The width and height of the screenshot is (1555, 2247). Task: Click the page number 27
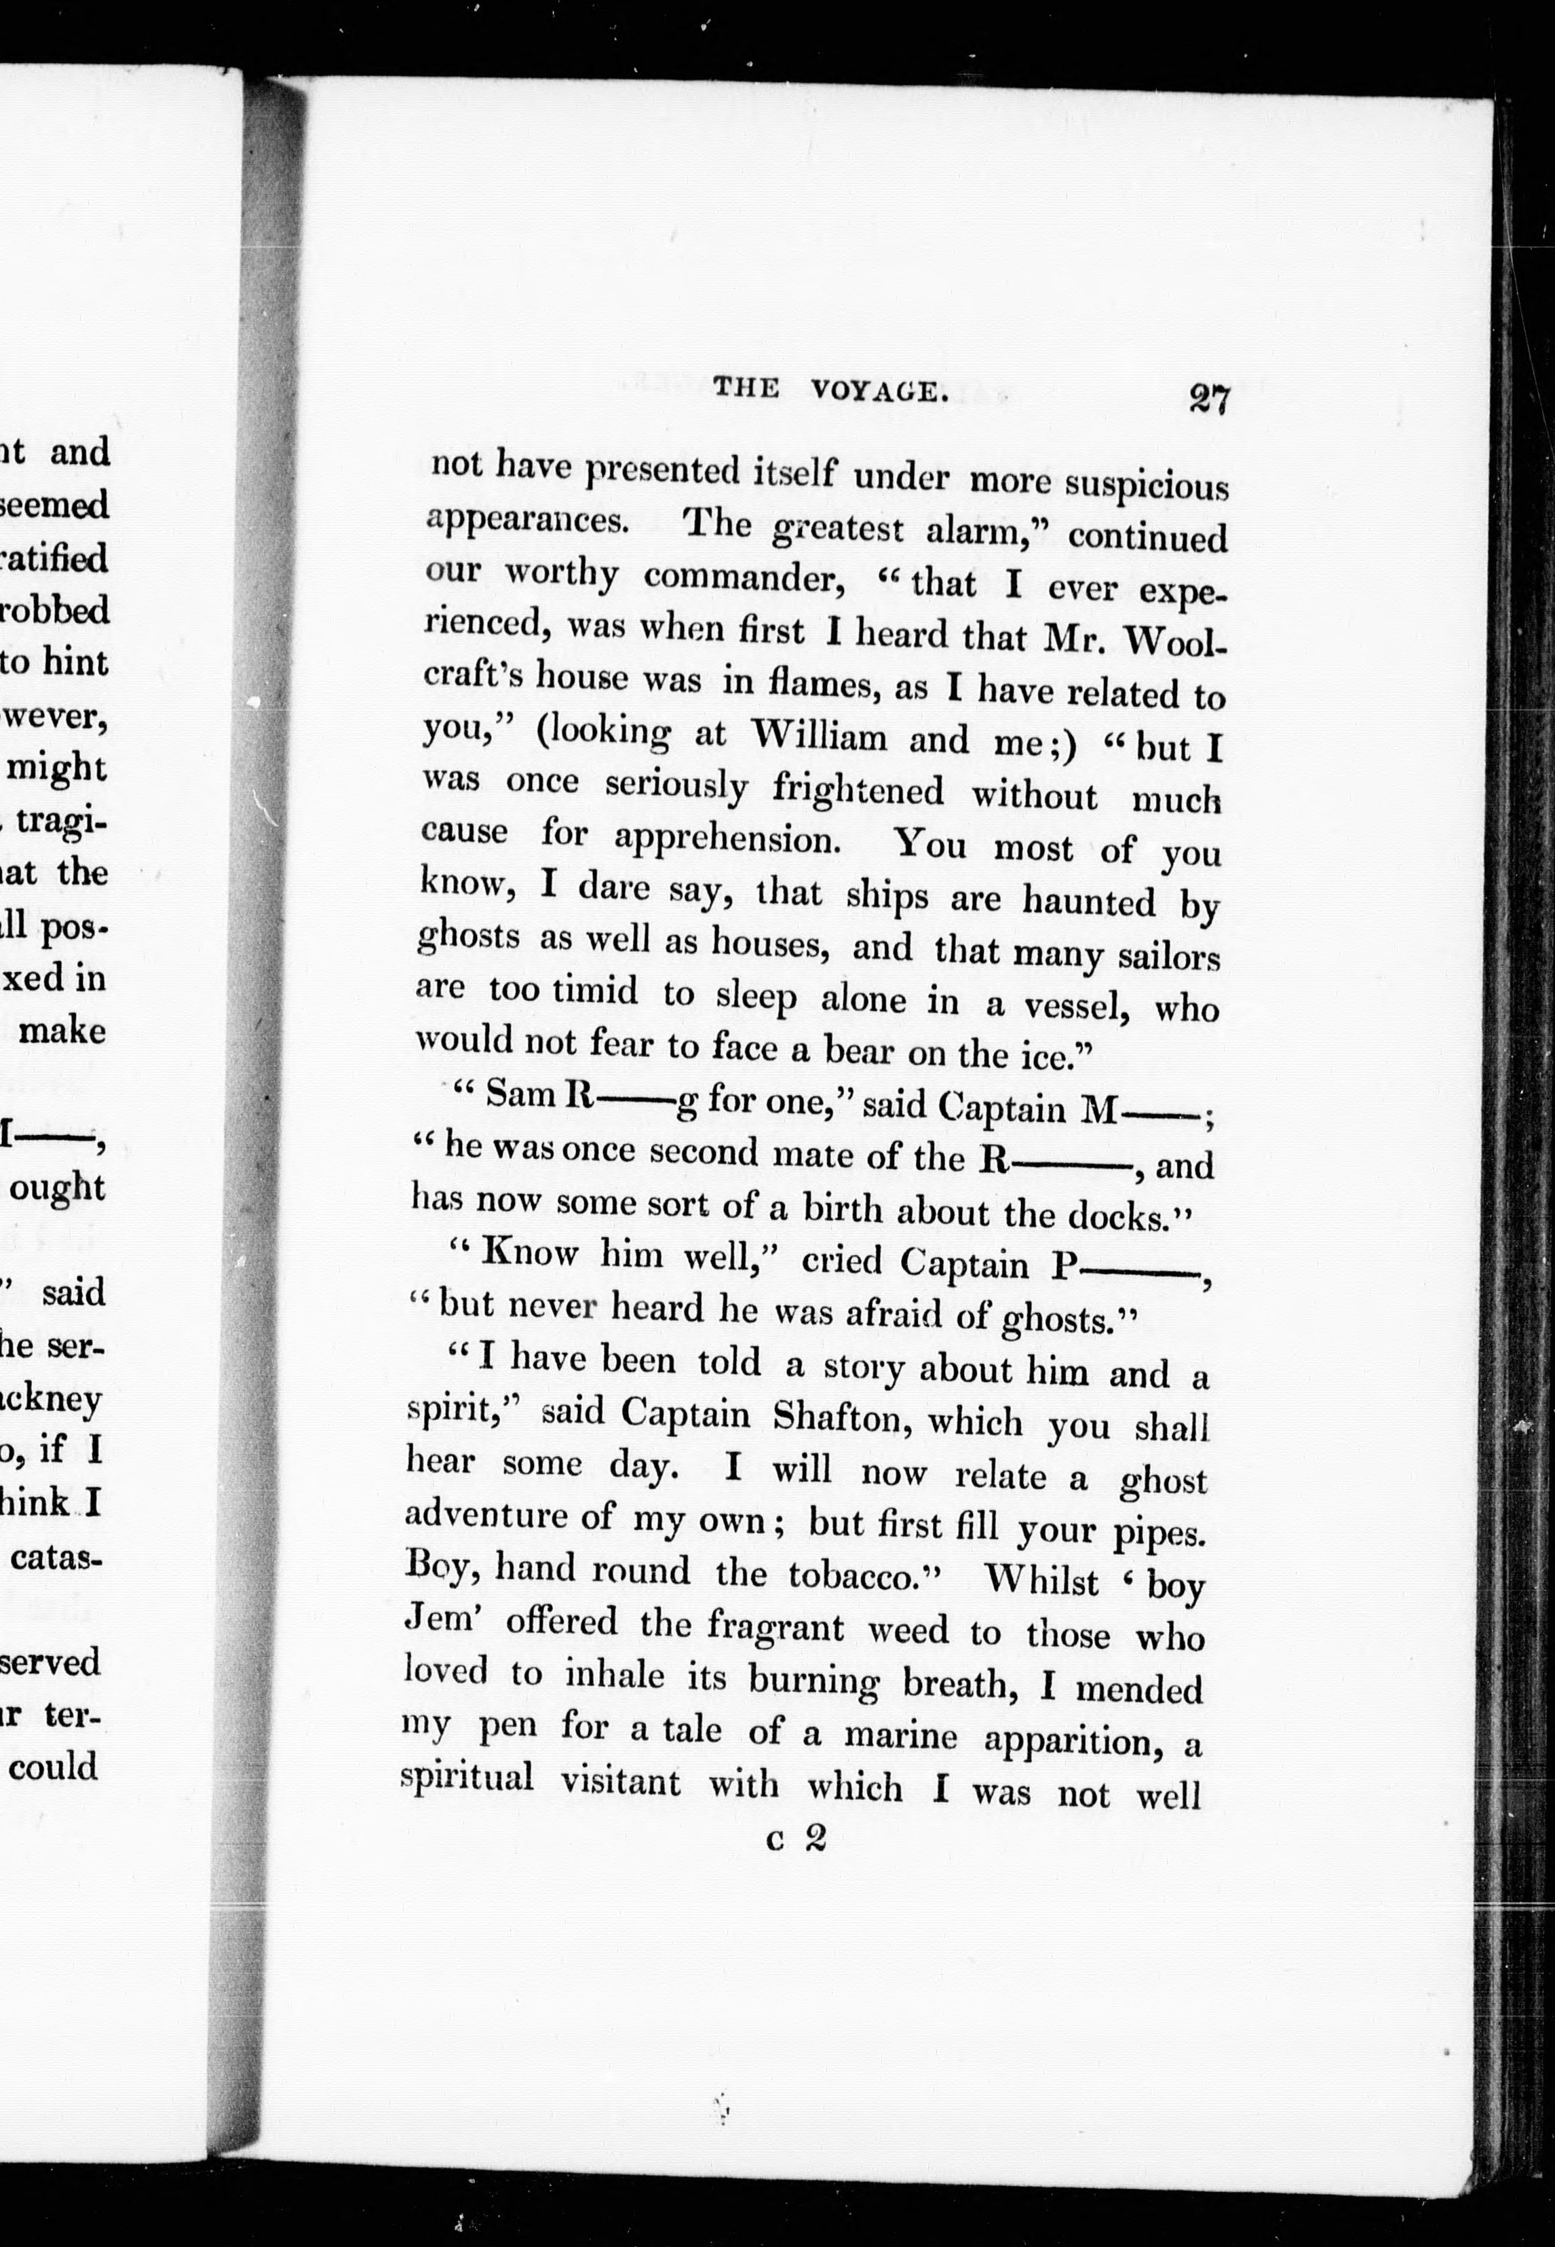[1209, 400]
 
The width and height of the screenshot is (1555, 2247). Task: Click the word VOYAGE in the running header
[879, 390]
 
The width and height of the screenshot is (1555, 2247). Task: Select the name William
[820, 737]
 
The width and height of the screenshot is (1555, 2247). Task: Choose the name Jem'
[438, 1619]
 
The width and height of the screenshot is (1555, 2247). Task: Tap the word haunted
[1088, 900]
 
